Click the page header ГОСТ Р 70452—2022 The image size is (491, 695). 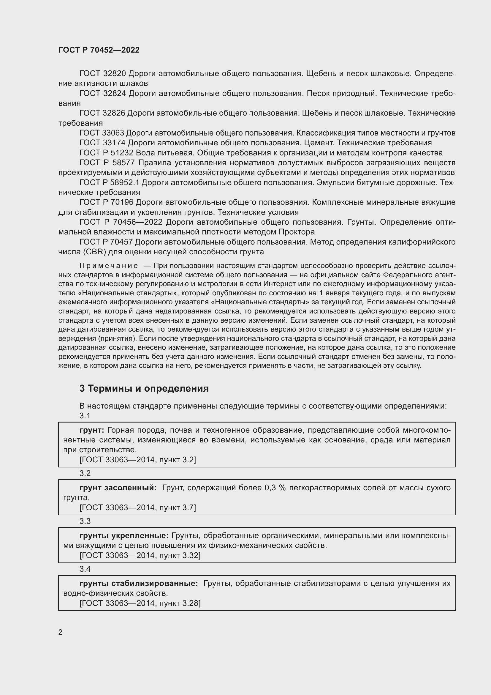tap(99, 50)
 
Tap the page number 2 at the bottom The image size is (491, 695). tap(61, 632)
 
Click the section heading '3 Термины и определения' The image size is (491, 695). tap(144, 389)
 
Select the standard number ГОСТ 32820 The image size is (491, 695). tap(102, 74)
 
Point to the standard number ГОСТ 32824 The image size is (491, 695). tap(102, 94)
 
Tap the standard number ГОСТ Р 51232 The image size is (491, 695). tap(107, 152)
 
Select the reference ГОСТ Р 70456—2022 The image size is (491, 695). tap(121, 222)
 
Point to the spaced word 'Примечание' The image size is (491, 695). tap(109, 266)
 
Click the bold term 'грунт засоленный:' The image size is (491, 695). tap(118, 488)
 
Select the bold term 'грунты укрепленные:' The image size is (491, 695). tap(124, 535)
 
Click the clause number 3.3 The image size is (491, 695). tap(85, 521)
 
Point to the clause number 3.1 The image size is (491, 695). tap(85, 416)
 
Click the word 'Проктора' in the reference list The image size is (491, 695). tap(297, 232)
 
